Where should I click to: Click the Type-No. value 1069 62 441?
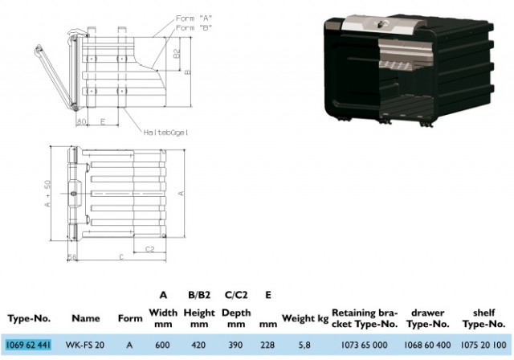[x=29, y=345]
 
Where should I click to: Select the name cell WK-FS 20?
[x=85, y=345]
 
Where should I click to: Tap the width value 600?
[x=162, y=345]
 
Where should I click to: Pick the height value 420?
[x=198, y=345]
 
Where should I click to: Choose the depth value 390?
[x=235, y=345]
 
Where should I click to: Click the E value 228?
[x=267, y=345]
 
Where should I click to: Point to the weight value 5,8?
[x=304, y=346]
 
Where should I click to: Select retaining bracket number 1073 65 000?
[x=364, y=345]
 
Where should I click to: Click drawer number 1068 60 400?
[x=427, y=345]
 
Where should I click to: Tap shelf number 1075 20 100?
[x=483, y=345]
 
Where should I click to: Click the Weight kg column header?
[x=305, y=318]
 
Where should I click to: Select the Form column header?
[x=130, y=318]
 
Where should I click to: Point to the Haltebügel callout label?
[x=166, y=133]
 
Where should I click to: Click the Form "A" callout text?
[x=194, y=18]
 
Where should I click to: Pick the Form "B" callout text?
[x=194, y=27]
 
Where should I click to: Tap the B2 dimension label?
[x=177, y=54]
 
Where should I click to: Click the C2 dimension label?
[x=149, y=249]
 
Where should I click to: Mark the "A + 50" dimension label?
[x=47, y=194]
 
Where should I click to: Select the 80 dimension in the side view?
[x=81, y=121]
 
